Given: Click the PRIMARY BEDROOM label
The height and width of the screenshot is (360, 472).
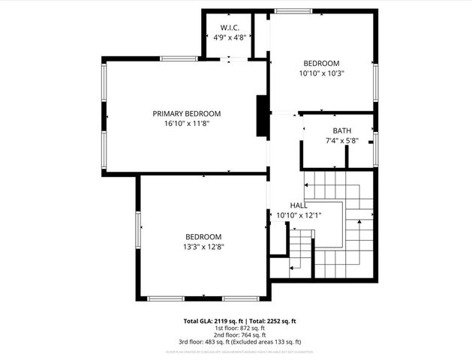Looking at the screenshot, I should tap(187, 114).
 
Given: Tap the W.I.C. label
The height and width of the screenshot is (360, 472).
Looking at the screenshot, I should tap(230, 28).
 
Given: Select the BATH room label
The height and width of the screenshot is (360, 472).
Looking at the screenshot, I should tap(342, 130).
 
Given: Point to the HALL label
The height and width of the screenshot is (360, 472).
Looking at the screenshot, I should tap(299, 205).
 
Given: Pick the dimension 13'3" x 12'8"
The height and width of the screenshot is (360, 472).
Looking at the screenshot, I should tap(203, 246).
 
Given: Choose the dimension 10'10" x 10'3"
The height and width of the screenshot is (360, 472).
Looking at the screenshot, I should tap(321, 73).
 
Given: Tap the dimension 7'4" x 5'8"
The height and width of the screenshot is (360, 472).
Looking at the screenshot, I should tap(342, 140).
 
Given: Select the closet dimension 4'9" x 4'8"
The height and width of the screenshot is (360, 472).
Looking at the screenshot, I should tap(230, 37).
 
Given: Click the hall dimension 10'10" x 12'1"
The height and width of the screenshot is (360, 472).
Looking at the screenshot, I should tap(299, 215).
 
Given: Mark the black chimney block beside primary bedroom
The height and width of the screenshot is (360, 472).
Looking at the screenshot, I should tap(262, 116).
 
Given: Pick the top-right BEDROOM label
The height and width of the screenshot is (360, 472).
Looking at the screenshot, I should tap(321, 64).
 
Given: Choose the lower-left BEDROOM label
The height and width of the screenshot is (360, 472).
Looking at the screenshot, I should tap(203, 236).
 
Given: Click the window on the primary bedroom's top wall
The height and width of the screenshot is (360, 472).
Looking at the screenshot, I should tap(179, 58).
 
